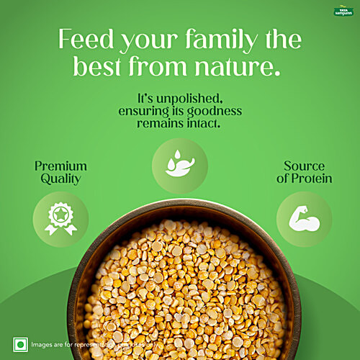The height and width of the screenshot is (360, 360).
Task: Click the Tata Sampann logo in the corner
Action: [x=342, y=11]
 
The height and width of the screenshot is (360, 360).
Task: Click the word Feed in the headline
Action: [x=82, y=39]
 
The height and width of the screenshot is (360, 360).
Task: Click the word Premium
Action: [x=60, y=166]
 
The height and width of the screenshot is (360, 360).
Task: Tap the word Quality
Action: [x=60, y=179]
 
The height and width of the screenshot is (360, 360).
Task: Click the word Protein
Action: [x=303, y=179]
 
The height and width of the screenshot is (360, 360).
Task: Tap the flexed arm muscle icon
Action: [x=304, y=220]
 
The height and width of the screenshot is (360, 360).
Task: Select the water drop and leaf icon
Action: [x=179, y=165]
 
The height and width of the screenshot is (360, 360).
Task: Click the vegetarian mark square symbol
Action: [x=19, y=344]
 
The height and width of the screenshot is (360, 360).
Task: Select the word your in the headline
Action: [x=147, y=40]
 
